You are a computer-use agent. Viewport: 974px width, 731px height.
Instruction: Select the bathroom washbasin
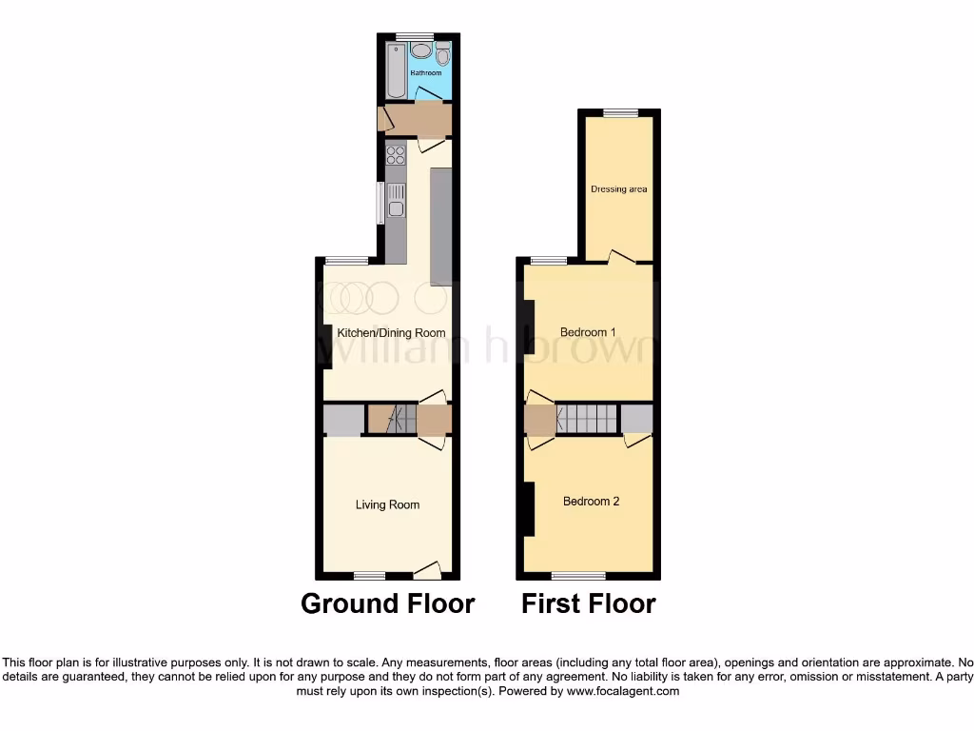tap(420, 52)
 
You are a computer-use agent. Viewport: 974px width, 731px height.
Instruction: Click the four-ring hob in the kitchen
tap(396, 154)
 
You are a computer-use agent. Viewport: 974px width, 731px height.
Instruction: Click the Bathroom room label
tap(426, 72)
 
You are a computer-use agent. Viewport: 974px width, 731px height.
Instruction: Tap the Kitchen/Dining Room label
tap(391, 333)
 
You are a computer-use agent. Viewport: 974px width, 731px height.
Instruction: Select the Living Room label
tap(387, 504)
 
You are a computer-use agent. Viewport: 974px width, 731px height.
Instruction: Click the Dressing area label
tap(618, 189)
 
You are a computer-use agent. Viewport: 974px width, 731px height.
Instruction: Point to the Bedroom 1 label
tap(588, 332)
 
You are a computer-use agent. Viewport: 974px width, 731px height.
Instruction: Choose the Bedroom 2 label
tap(591, 501)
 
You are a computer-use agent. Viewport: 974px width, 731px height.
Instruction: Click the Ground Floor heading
tap(387, 603)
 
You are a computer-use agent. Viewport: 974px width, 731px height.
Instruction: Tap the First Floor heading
tap(588, 603)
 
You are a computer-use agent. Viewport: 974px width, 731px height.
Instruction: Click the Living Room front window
tap(369, 575)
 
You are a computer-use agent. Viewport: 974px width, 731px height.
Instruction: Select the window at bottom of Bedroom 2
tap(578, 575)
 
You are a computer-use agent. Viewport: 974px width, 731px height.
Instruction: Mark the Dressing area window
tap(620, 113)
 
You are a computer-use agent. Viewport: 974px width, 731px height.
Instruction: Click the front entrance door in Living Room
tap(428, 570)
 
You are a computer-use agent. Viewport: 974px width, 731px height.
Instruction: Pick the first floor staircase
tap(588, 418)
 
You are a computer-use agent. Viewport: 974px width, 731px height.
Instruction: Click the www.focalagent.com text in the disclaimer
tap(624, 692)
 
